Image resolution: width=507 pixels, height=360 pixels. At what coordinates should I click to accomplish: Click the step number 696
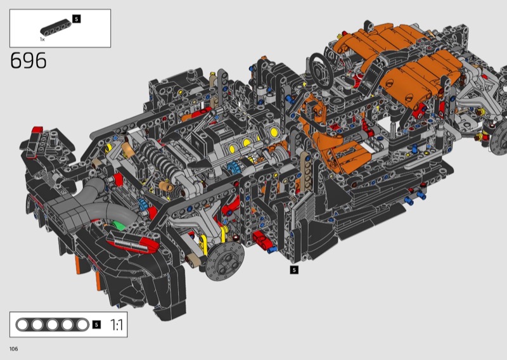pos(29,60)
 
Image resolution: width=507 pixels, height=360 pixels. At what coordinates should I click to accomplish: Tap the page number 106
pos(13,349)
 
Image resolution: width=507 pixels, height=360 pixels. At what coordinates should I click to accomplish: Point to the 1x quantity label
pos(42,39)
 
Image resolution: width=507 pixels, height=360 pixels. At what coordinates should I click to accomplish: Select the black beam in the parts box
pos(56,27)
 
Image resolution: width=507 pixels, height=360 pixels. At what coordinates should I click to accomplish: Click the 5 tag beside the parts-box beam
pos(76,19)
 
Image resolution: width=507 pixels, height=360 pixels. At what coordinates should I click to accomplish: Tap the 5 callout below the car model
pos(294,270)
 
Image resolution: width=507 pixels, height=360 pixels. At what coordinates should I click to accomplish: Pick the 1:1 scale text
pos(117,325)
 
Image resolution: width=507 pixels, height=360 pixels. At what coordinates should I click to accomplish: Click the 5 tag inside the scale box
pos(96,325)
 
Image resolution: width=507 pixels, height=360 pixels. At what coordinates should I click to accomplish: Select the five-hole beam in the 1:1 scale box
pos(53,325)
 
